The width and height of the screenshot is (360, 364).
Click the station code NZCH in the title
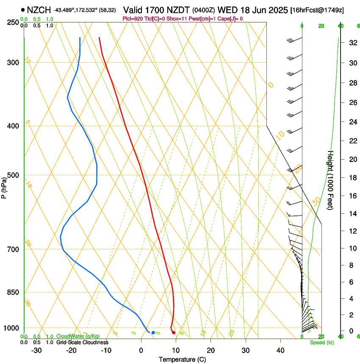[x=39, y=10]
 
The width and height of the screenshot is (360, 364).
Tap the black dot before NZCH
[x=22, y=9]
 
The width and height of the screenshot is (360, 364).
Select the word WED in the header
[x=227, y=10]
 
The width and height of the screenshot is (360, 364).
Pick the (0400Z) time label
[x=204, y=10]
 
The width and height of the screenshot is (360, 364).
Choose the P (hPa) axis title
[x=4, y=187]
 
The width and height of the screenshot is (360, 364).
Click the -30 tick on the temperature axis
[x=36, y=350]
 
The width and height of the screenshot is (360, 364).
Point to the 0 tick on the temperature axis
[x=141, y=350]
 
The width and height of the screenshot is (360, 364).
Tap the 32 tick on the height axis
[x=352, y=42]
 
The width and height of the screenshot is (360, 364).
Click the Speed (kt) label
[x=321, y=342]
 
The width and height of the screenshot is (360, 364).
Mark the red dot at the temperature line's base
[x=174, y=333]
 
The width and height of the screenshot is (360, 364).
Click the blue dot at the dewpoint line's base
[x=153, y=332]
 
